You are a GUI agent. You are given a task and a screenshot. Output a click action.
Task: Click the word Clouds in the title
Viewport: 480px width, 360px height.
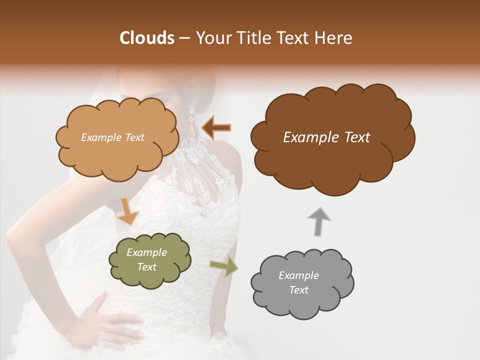(146, 38)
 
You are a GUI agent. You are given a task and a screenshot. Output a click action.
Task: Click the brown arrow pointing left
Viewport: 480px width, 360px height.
(216, 127)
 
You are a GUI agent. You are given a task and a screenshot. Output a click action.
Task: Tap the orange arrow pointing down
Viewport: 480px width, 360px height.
(129, 211)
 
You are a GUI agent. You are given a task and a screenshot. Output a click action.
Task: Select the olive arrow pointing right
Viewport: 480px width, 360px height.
(224, 266)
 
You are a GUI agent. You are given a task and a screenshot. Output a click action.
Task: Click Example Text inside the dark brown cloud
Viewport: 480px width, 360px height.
(326, 137)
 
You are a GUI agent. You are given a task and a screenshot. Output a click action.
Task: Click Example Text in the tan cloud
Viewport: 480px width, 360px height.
(112, 137)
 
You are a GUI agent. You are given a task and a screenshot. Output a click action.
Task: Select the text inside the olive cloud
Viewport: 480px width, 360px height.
(147, 259)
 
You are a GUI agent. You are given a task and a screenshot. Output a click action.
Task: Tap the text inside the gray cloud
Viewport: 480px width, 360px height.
(298, 282)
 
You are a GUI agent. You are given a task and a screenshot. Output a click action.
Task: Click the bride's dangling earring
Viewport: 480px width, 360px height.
(191, 125)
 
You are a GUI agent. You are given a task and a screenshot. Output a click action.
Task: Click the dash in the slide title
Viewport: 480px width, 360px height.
(184, 38)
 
